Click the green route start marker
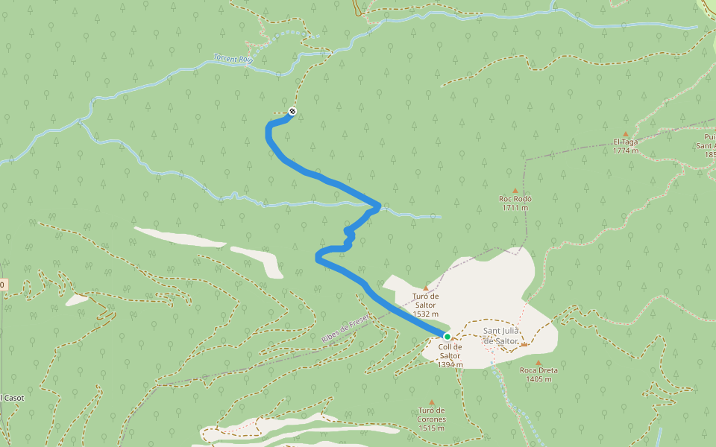coord(447,336)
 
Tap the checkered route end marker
coord(292,112)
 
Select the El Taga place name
coord(625,142)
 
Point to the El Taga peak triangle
coord(625,134)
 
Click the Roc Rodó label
coord(515,199)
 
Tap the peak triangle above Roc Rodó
coord(515,191)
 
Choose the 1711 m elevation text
coord(515,208)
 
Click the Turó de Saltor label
coord(425,300)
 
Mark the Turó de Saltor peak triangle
coord(426,288)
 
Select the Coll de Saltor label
coord(450,351)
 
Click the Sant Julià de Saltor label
coord(500,335)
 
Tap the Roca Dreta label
coord(538,370)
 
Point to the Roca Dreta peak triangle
coord(538,362)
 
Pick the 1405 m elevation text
coord(538,379)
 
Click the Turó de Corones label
coord(432,414)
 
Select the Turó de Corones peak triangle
coord(432,402)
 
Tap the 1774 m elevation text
coord(625,150)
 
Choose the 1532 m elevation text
coord(425,314)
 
